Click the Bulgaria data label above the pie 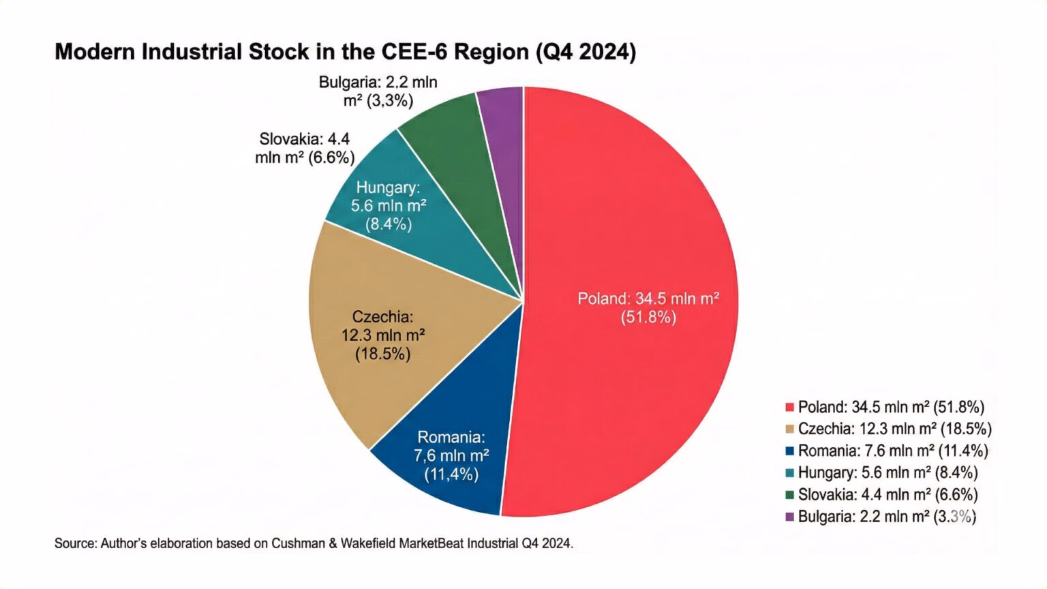[378, 91]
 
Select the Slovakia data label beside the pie [305, 148]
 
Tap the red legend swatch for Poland [790, 407]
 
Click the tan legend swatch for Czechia [790, 429]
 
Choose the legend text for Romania [893, 451]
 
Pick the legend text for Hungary [887, 472]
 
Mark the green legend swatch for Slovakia [790, 494]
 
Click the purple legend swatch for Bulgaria [790, 516]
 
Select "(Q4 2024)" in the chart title [586, 52]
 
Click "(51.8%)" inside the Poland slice [648, 317]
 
